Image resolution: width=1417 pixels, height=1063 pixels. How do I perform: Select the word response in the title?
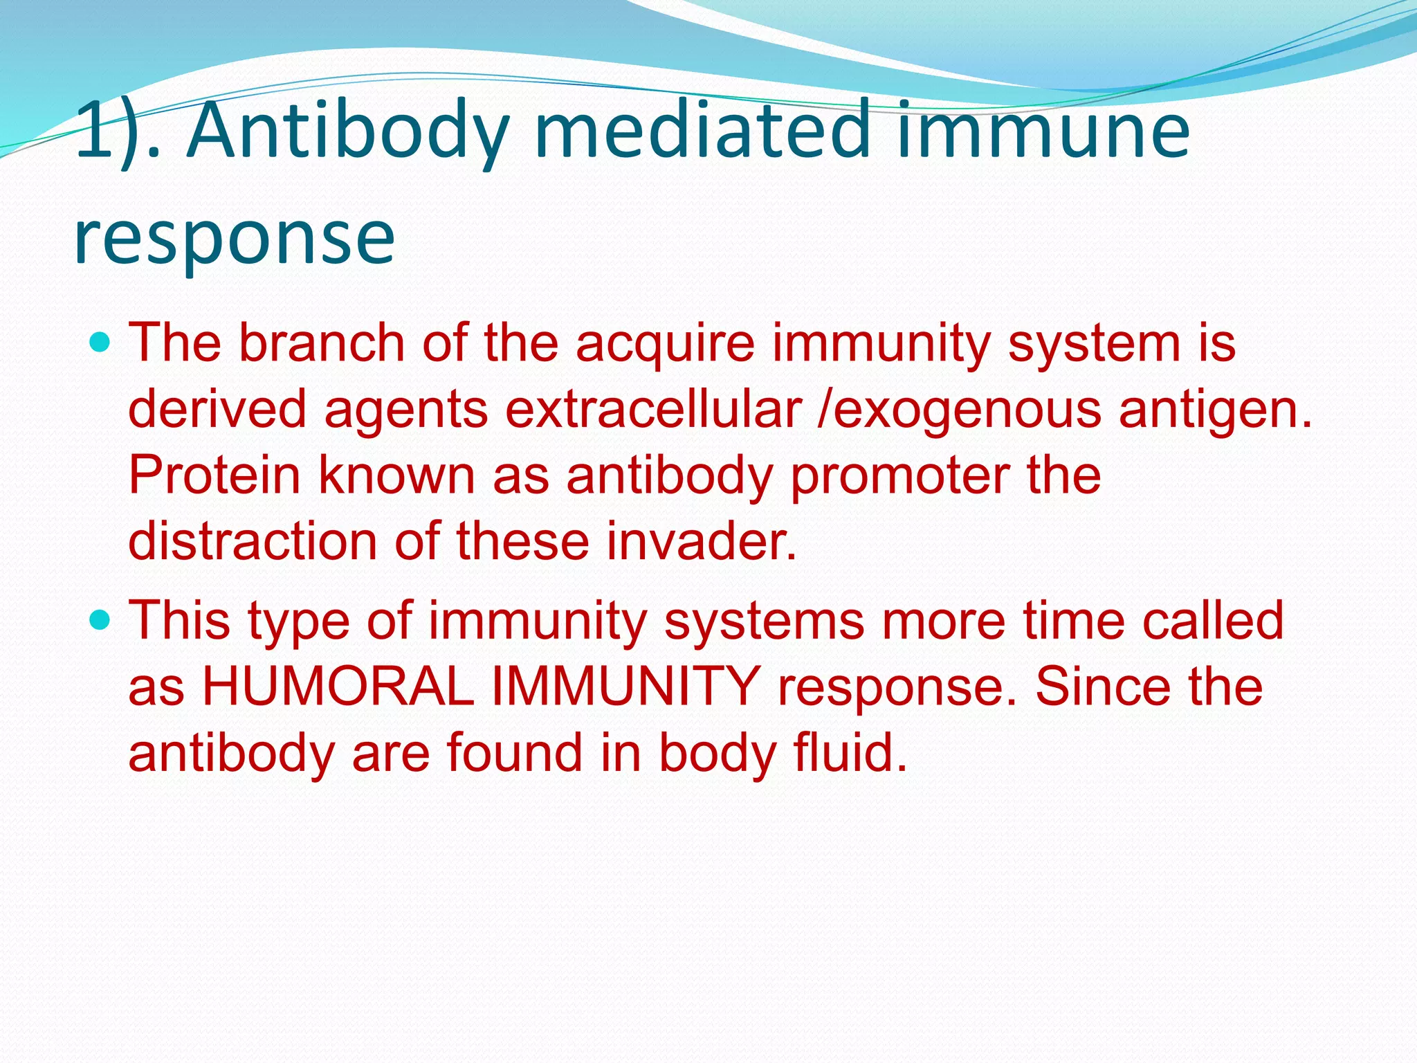[x=234, y=239]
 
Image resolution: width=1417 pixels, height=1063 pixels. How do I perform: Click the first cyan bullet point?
[x=100, y=342]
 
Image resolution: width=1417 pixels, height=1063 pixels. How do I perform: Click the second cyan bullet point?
[x=100, y=620]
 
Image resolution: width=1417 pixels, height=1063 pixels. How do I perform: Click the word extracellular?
[x=653, y=409]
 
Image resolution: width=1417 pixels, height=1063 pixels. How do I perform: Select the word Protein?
[x=214, y=475]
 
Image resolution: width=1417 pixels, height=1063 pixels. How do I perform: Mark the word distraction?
[x=253, y=541]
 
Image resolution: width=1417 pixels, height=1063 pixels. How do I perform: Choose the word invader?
[x=702, y=541]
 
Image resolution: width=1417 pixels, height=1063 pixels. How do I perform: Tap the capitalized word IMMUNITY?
[x=625, y=687]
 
